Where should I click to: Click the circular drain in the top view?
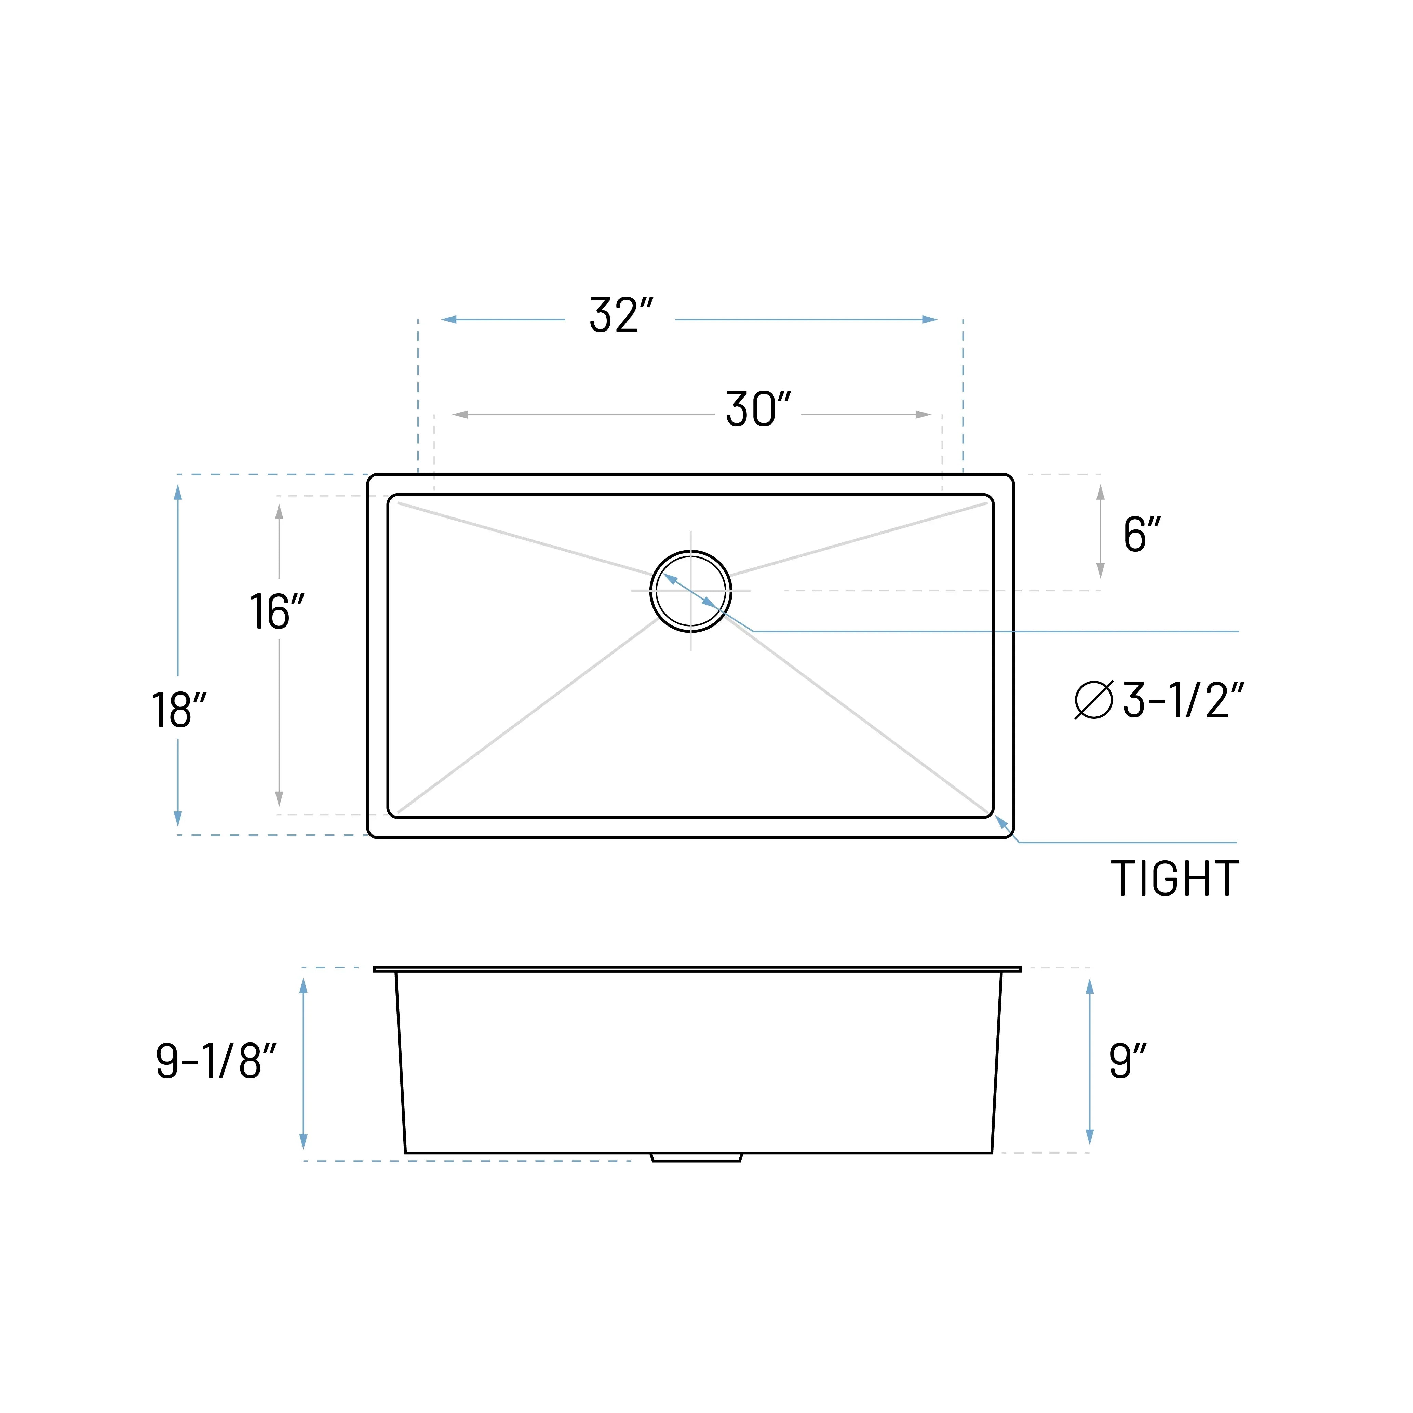coord(690,591)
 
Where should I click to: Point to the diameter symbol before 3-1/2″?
coord(1093,700)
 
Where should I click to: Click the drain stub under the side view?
coord(696,1157)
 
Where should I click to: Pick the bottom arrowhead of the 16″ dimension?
coord(279,799)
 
